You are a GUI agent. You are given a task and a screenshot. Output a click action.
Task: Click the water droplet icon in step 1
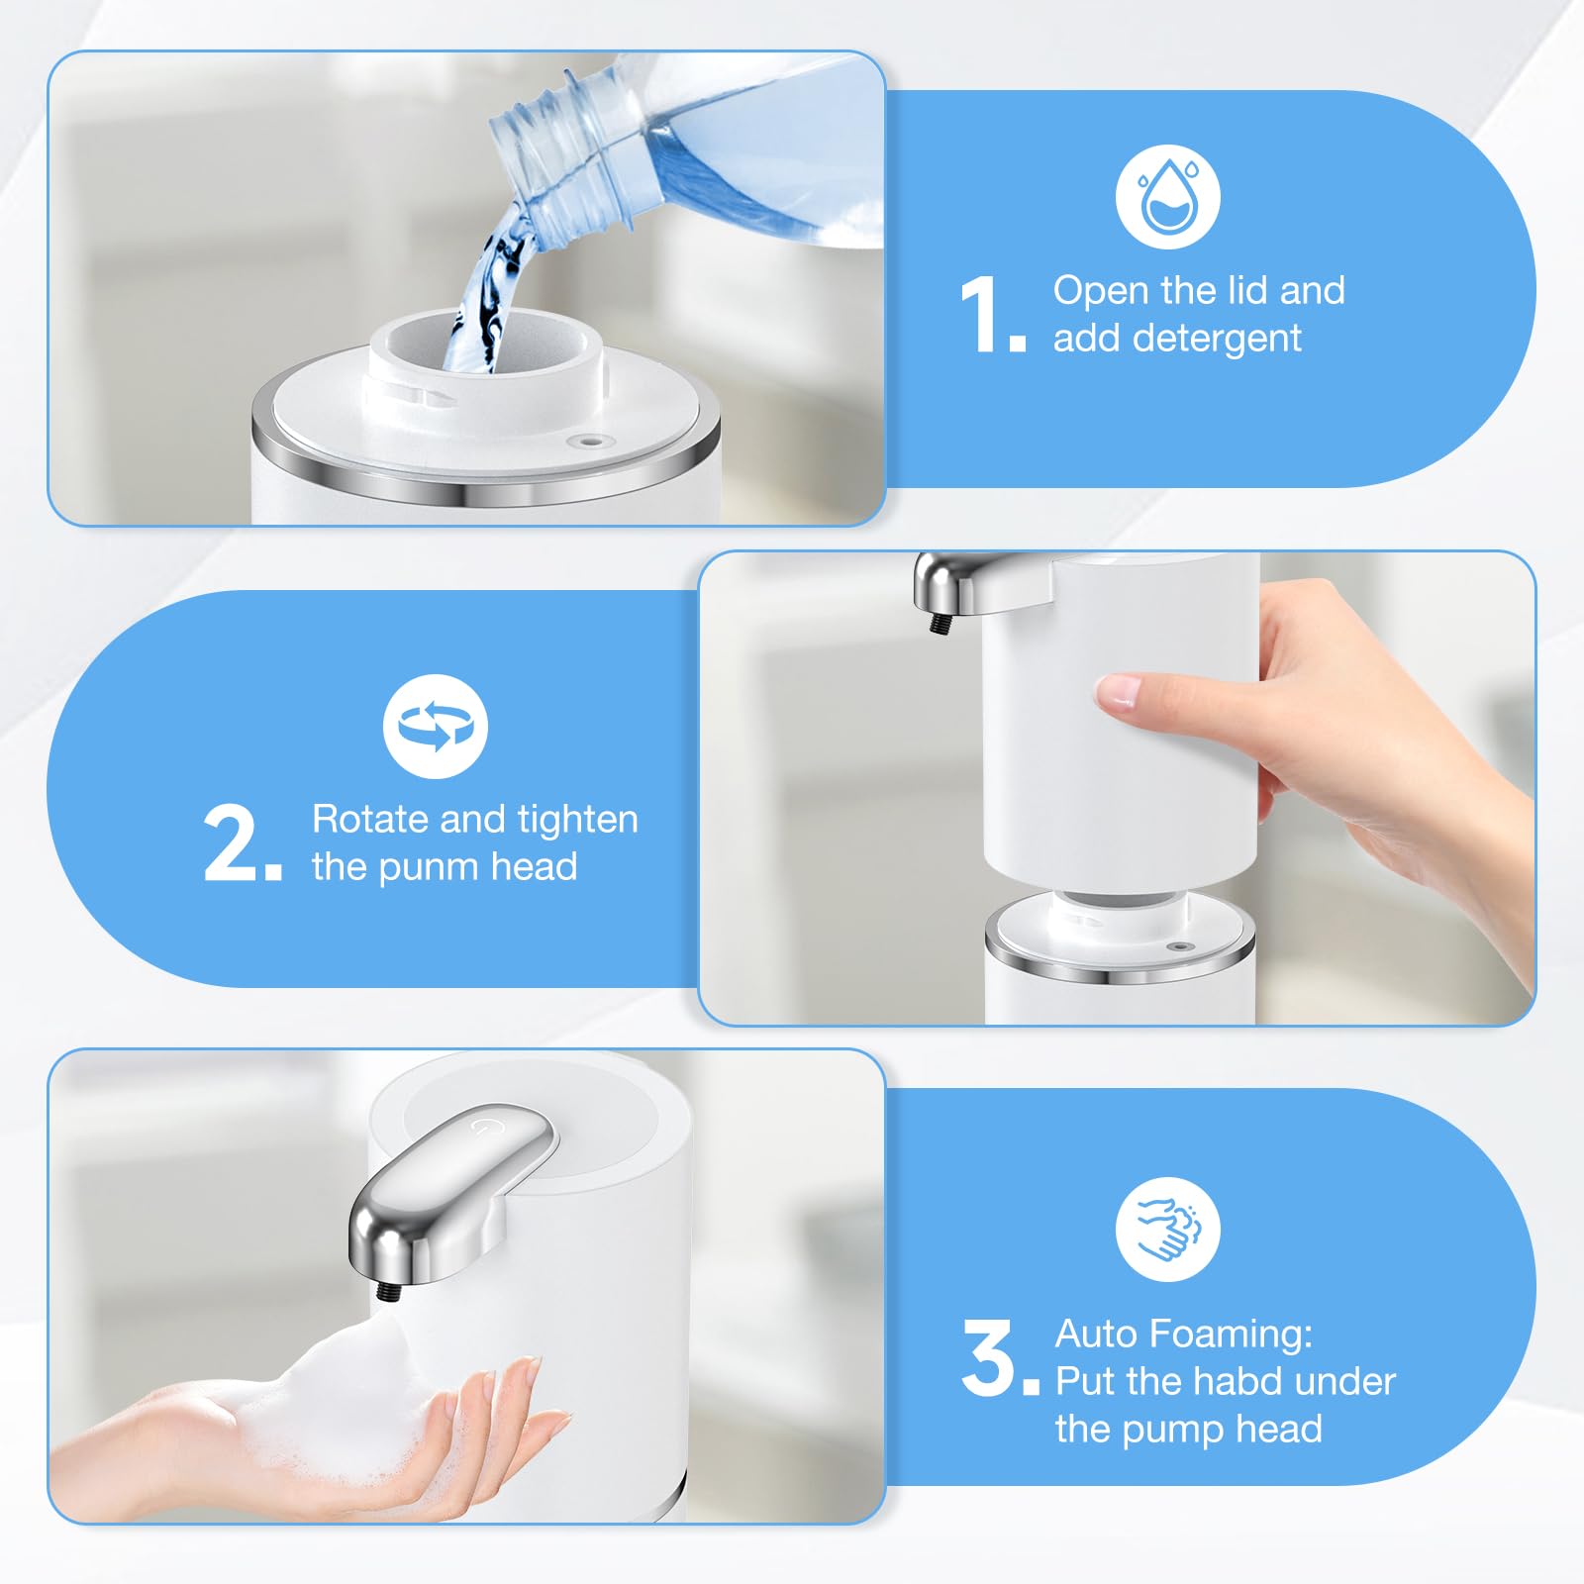[x=1167, y=197]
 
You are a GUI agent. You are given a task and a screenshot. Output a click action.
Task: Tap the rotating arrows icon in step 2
[x=436, y=727]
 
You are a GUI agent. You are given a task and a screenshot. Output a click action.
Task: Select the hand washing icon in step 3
[x=1167, y=1230]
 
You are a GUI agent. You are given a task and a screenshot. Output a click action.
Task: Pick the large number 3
[x=989, y=1358]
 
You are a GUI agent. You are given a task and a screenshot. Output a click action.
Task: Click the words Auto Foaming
[x=1183, y=1334]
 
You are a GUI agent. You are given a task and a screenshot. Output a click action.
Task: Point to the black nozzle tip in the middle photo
[x=936, y=624]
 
